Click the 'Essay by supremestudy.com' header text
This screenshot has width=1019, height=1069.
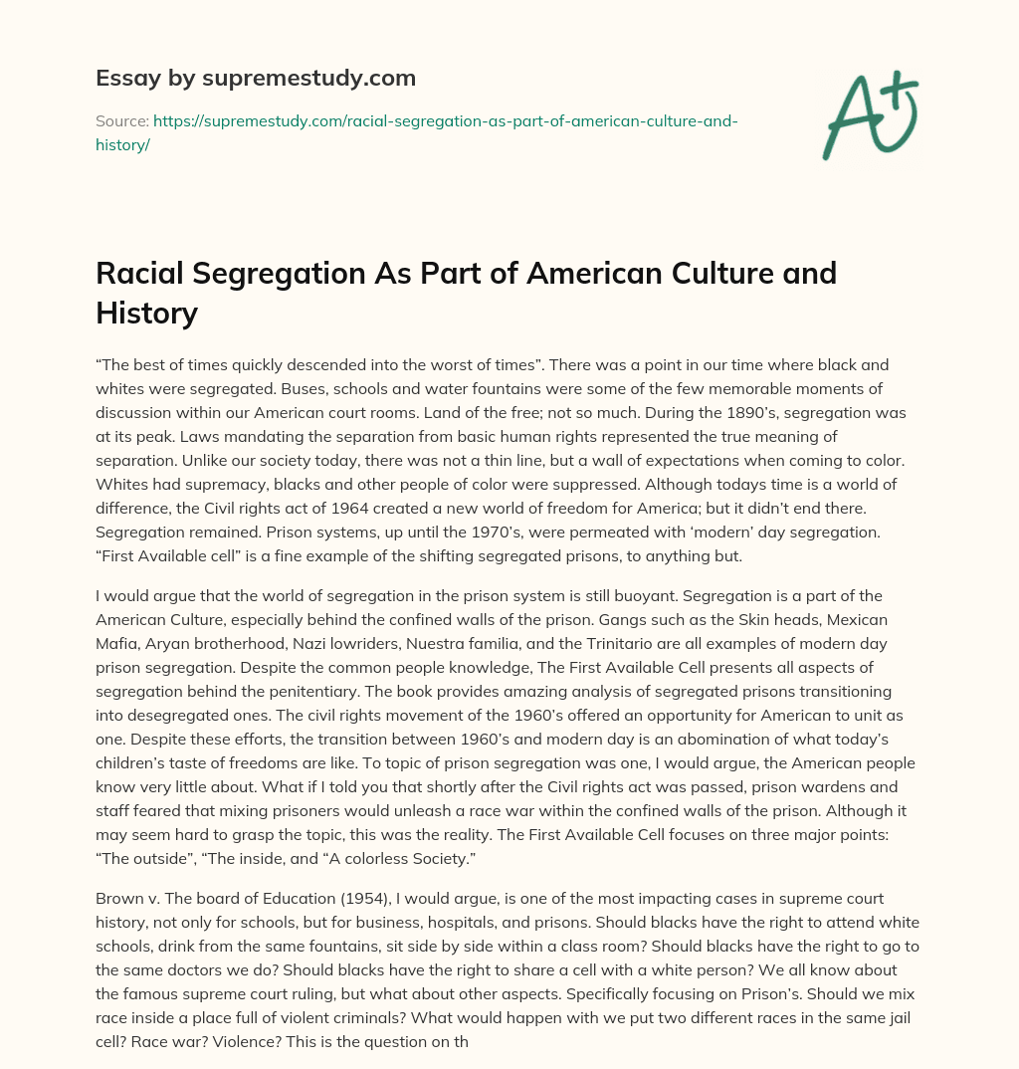(x=256, y=78)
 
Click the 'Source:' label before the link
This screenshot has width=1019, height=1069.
(x=121, y=121)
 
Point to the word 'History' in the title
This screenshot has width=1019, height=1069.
(x=147, y=313)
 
